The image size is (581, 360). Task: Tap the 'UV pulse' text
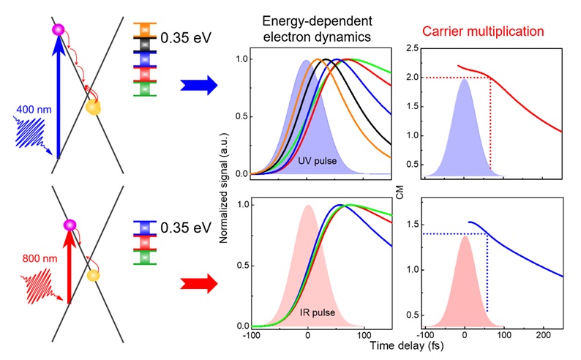click(318, 160)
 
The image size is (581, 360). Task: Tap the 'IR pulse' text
click(317, 312)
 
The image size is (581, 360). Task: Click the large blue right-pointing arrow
click(198, 86)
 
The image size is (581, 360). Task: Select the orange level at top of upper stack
click(143, 29)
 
